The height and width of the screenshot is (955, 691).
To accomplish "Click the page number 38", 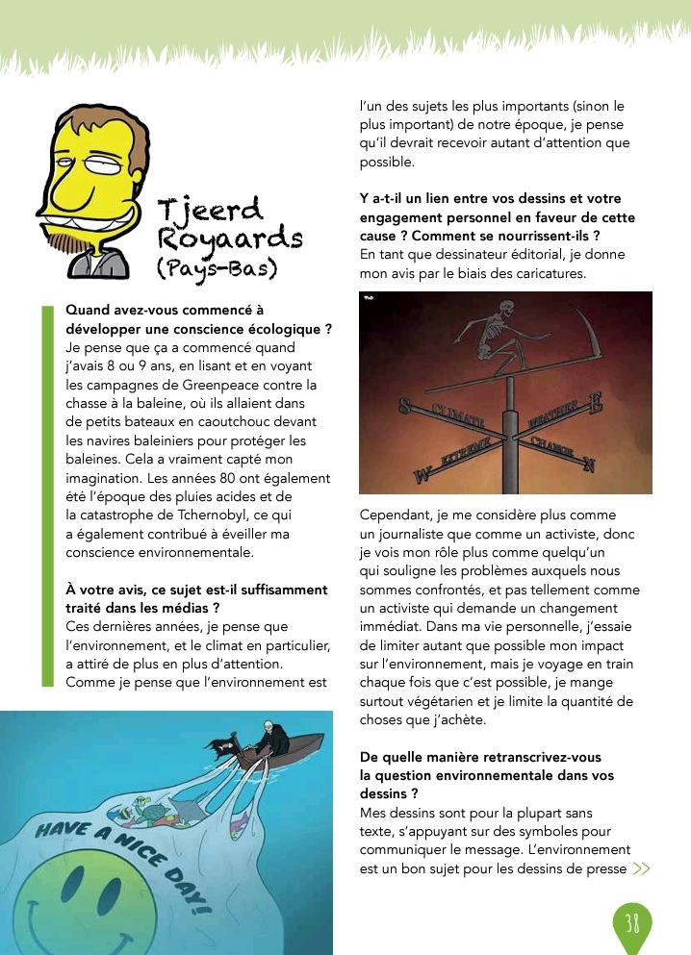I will click(x=631, y=924).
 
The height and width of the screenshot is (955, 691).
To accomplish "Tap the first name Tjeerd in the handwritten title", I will click(x=209, y=208).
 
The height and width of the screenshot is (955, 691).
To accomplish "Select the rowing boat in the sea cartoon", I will click(x=260, y=745).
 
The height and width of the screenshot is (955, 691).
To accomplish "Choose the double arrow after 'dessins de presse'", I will click(x=642, y=869).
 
